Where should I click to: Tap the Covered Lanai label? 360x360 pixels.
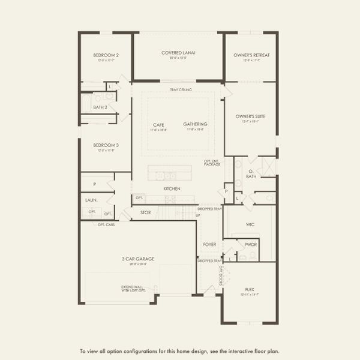(178, 53)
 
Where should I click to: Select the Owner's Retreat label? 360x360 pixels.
(251, 55)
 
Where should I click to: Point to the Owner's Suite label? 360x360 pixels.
(250, 116)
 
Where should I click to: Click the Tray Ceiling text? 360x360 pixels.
(181, 90)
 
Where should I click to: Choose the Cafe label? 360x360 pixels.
(158, 125)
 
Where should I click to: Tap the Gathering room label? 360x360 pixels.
(195, 125)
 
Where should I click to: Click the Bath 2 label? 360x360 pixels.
(100, 107)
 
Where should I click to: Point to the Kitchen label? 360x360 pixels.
(172, 189)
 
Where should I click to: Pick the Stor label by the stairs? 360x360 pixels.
(145, 212)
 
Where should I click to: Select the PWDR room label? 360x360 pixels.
(250, 244)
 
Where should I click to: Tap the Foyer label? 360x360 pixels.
(209, 244)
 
